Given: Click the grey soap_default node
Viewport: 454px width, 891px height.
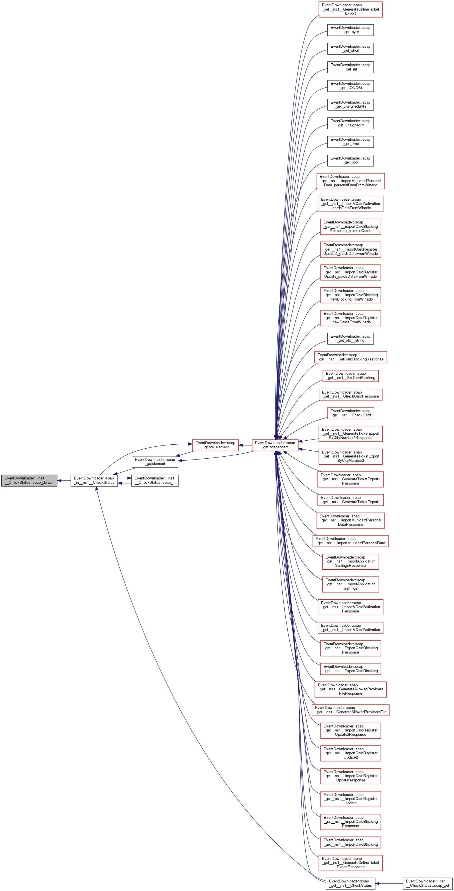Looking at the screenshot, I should point(29,480).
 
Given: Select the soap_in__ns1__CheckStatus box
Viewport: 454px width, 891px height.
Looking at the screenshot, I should point(94,480).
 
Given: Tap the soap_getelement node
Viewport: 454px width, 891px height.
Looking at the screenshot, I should point(155,461).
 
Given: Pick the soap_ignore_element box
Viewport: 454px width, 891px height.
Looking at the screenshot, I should point(215,445).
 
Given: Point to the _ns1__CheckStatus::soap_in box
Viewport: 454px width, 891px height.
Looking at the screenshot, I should point(155,480).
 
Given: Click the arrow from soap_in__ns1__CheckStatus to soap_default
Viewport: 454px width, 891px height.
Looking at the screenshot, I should point(64,480).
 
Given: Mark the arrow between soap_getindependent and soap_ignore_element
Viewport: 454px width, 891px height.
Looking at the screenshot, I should point(245,445).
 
